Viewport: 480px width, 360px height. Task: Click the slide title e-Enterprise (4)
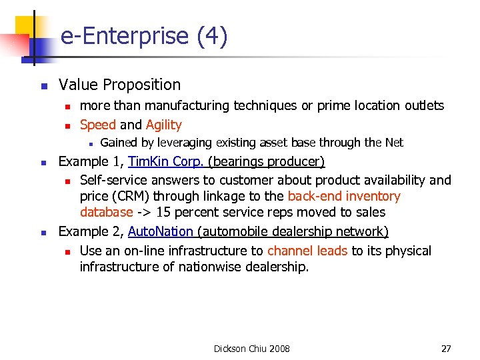pyautogui.click(x=144, y=36)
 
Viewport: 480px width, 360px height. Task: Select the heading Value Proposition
pyautogui.click(x=119, y=85)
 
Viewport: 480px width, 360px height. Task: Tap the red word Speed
pyautogui.click(x=98, y=125)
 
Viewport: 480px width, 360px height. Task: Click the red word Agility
pyautogui.click(x=163, y=125)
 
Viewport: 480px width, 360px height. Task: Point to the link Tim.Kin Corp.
pyautogui.click(x=166, y=162)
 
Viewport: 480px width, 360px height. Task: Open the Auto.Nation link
pyautogui.click(x=160, y=231)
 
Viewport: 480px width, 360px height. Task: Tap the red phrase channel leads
pyautogui.click(x=307, y=251)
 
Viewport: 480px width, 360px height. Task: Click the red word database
pyautogui.click(x=106, y=213)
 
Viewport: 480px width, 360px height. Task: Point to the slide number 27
pyautogui.click(x=446, y=349)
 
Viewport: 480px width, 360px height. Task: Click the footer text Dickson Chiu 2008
pyautogui.click(x=251, y=349)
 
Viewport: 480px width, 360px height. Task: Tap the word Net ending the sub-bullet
pyautogui.click(x=394, y=143)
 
